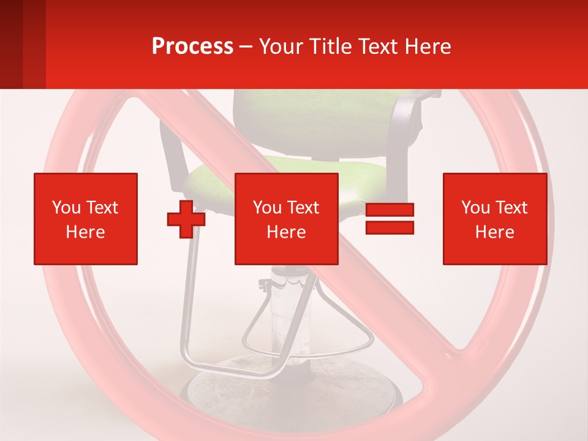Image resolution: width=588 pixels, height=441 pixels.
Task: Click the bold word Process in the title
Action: click(x=192, y=47)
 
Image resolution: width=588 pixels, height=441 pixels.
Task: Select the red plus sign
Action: click(x=186, y=219)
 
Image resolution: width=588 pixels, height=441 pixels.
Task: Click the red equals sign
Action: click(x=390, y=219)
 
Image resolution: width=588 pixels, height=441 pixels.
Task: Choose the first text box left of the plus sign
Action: click(x=86, y=219)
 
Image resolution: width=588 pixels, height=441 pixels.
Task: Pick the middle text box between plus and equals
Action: click(x=286, y=219)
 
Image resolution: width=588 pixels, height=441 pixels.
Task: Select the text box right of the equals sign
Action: click(x=494, y=219)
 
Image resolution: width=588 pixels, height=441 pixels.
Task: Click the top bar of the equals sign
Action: click(x=390, y=210)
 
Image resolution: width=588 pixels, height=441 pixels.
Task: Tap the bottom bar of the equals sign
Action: click(x=390, y=228)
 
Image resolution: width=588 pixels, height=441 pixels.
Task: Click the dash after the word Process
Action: click(x=246, y=47)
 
